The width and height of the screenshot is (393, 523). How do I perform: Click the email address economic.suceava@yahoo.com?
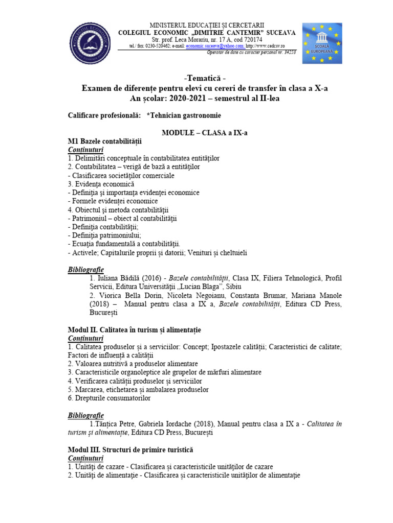point(215,45)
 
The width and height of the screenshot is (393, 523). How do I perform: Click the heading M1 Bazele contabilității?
point(105,141)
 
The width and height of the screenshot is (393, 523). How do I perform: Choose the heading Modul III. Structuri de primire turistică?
point(130,450)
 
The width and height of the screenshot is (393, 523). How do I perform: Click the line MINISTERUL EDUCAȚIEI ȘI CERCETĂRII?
point(207,25)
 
